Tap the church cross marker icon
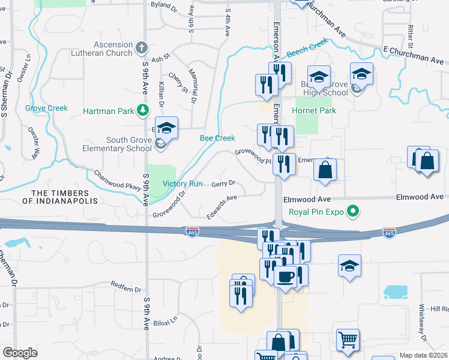point(142,47)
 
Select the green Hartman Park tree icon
point(143,109)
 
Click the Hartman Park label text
point(109,110)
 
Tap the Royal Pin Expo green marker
point(354,211)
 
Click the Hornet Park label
point(315,110)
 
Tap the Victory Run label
point(182,184)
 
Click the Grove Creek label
point(46,109)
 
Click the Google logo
point(20,353)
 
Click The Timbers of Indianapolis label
point(65,197)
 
